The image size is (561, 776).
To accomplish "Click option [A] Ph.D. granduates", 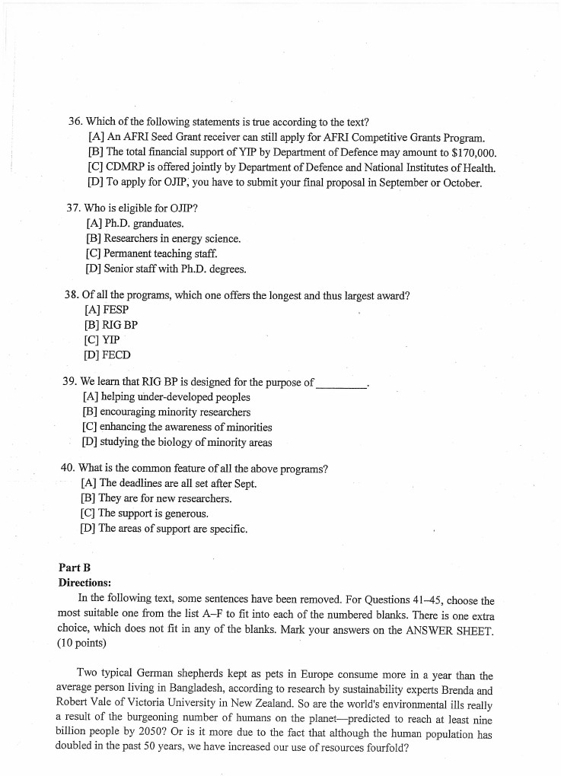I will [x=135, y=224].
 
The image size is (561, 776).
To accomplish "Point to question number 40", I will [x=68, y=469].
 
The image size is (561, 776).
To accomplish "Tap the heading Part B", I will [x=75, y=568].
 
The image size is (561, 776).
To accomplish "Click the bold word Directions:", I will [x=84, y=583].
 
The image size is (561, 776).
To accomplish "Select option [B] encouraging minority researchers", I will [x=166, y=412].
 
